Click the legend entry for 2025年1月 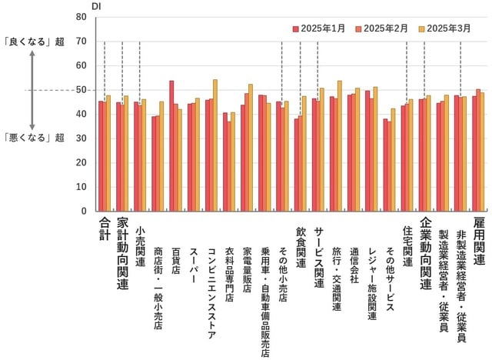click(x=318, y=28)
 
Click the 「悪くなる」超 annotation click(x=32, y=138)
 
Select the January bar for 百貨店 click(x=171, y=145)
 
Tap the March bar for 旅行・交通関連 click(x=340, y=145)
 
